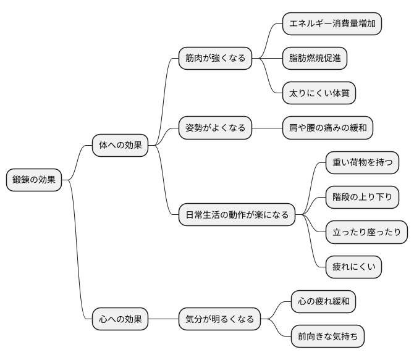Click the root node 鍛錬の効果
(x=34, y=180)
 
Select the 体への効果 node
(x=120, y=146)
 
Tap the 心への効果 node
(x=120, y=319)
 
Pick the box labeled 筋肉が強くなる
(x=214, y=59)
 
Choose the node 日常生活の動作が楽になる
(x=237, y=216)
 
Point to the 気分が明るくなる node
(x=219, y=319)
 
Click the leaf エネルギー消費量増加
(x=332, y=24)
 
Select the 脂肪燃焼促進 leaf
(x=315, y=59)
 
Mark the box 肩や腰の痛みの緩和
(x=327, y=128)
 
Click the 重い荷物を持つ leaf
(x=362, y=163)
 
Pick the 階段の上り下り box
(x=362, y=198)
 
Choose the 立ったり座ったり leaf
(x=366, y=232)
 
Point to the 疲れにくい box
(x=353, y=267)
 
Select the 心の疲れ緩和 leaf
(x=323, y=302)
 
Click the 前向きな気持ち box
(x=327, y=337)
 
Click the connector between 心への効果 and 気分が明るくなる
(x=163, y=319)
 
